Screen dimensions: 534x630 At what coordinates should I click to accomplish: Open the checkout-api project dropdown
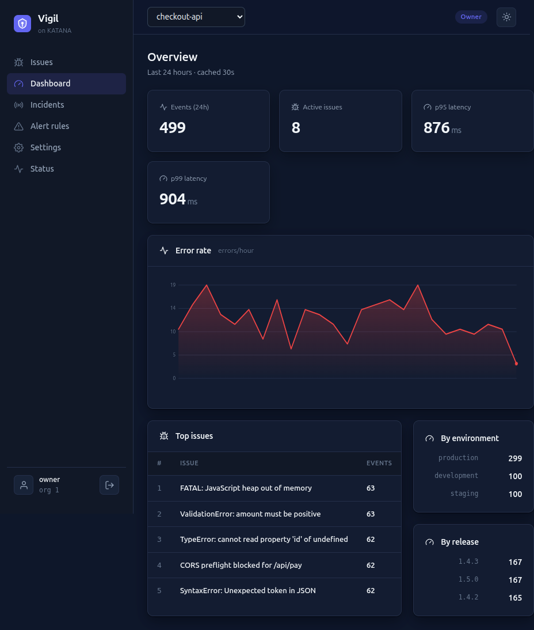coord(196,17)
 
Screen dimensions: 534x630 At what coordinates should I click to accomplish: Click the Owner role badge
coord(471,17)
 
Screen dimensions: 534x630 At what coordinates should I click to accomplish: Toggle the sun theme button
coord(506,17)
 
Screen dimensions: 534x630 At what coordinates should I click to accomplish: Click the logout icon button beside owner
coord(109,485)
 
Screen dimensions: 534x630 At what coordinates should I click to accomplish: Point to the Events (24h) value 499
coord(173,128)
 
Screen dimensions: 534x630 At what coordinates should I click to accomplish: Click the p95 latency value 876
coord(436,128)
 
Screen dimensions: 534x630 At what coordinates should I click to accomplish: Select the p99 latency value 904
coord(173,199)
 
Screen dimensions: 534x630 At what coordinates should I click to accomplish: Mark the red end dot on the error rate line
coord(516,363)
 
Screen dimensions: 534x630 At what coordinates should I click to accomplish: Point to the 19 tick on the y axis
coord(173,285)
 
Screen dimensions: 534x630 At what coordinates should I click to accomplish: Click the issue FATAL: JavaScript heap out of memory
coord(246,488)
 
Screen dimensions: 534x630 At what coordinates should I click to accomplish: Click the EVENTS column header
coord(379,463)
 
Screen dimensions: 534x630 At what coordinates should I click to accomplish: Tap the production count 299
coord(515,458)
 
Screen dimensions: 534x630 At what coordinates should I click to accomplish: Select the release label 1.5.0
coord(468,579)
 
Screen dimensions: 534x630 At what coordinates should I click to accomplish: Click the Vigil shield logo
coord(22,23)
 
